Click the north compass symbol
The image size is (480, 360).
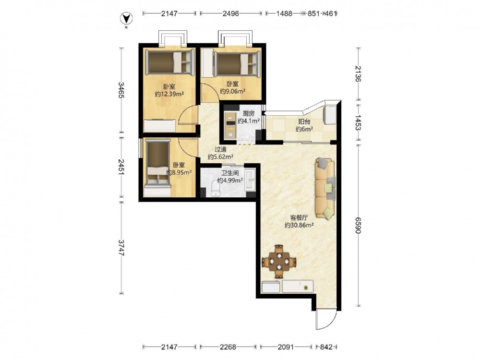point(126,19)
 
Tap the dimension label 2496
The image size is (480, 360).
point(231,13)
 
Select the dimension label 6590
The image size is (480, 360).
point(359,225)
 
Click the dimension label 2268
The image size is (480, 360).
point(228,347)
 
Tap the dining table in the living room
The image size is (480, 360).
point(279,262)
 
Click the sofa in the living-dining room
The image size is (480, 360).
point(325,188)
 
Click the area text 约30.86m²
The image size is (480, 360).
point(299,225)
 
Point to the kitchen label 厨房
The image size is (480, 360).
point(249,114)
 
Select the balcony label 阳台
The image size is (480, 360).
point(304,121)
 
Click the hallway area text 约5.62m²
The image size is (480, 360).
point(220,157)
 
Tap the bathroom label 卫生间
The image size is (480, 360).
point(230,173)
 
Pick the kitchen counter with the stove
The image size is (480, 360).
point(229,125)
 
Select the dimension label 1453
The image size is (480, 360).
point(359,122)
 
